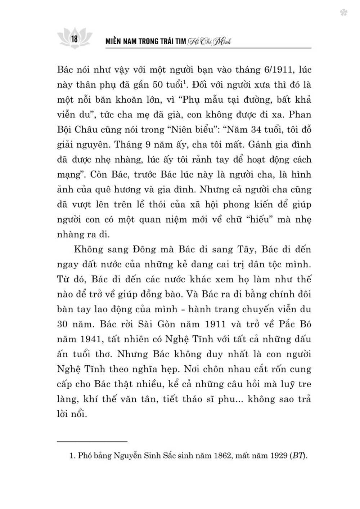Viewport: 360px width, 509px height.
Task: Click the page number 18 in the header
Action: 75,39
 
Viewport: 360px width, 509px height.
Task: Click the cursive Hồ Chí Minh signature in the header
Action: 209,42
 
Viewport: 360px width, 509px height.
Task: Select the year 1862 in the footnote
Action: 224,456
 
